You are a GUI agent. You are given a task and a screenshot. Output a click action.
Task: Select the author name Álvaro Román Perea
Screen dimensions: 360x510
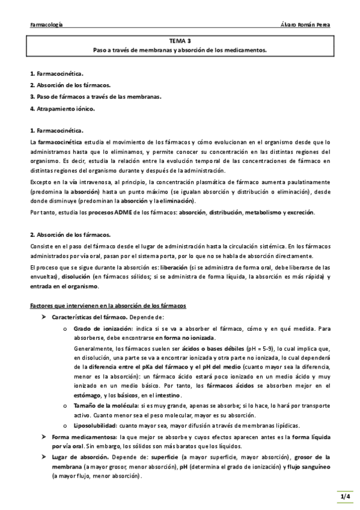click(x=305, y=25)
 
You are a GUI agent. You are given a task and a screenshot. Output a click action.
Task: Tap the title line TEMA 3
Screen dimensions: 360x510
click(x=180, y=41)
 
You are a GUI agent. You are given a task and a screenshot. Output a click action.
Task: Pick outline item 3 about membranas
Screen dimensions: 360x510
click(x=96, y=96)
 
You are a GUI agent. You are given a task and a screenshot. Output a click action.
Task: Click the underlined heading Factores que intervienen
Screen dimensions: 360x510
click(x=108, y=306)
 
